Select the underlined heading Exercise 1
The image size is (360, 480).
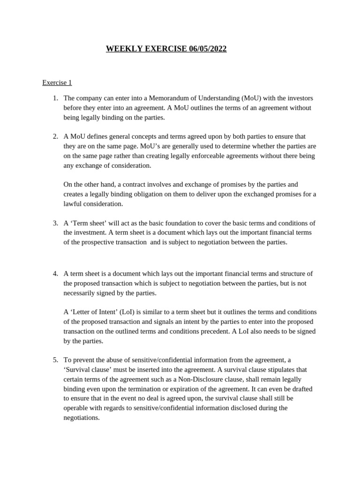coord(57,82)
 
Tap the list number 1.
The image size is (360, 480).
coord(55,98)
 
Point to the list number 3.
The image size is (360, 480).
coord(55,223)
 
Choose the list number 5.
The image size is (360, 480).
coord(55,360)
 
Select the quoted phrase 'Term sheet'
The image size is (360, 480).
coord(88,223)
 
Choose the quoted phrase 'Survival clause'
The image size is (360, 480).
coord(87,369)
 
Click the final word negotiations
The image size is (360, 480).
coord(82,417)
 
